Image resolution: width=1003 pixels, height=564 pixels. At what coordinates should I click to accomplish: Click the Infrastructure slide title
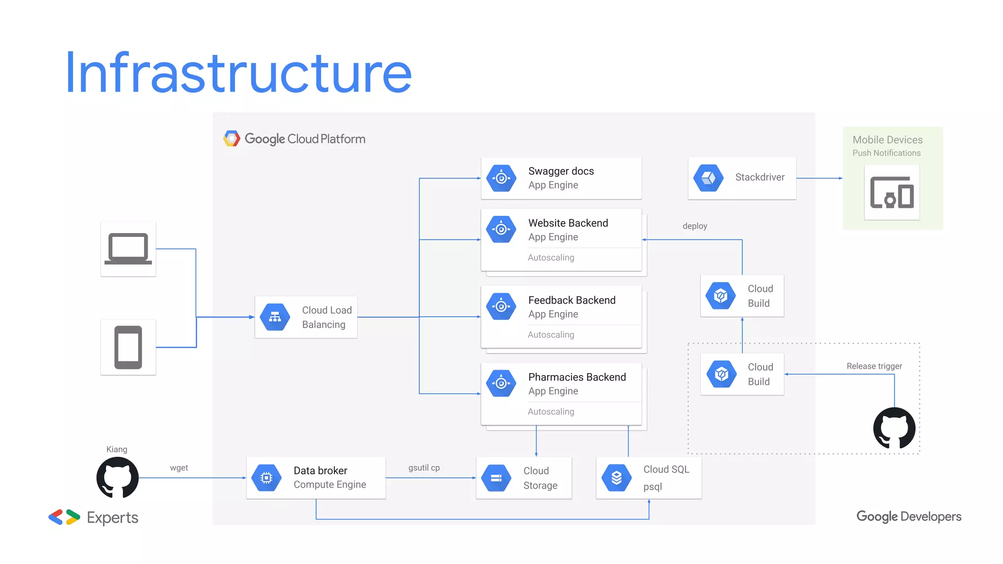point(239,73)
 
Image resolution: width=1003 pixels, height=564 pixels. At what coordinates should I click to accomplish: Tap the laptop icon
point(128,249)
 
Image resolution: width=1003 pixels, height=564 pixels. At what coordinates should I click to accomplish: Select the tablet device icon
point(128,347)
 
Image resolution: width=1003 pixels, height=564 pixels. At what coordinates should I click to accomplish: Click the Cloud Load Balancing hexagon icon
point(275,317)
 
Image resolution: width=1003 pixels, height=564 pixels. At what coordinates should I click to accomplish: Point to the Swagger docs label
point(561,171)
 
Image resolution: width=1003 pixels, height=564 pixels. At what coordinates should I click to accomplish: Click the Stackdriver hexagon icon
point(708,178)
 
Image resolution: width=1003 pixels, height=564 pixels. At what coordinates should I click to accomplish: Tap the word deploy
point(694,226)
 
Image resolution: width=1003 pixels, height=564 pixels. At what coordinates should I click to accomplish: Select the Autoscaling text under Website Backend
point(551,258)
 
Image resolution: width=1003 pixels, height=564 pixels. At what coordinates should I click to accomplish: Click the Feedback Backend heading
point(572,300)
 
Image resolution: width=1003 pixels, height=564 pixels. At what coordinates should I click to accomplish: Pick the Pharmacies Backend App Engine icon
point(501,383)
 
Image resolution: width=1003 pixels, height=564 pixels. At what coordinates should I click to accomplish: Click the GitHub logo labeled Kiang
point(118,477)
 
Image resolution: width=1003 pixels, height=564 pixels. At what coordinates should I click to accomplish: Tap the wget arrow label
point(179,468)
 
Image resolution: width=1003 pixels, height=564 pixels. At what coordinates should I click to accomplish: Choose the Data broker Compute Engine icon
point(266,477)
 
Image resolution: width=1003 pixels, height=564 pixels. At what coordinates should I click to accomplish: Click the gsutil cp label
point(424,468)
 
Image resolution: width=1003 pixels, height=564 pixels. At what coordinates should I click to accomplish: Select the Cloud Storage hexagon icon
point(496,478)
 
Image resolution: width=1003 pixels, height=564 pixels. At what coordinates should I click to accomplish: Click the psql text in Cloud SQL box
point(652,487)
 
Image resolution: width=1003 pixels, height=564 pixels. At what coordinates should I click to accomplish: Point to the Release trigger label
point(874,366)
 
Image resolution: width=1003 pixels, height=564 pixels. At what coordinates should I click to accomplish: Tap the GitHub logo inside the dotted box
point(894,428)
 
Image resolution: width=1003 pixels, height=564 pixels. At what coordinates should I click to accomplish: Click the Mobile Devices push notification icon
point(892,192)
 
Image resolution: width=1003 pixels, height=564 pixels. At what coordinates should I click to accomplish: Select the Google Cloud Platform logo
point(232,139)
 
